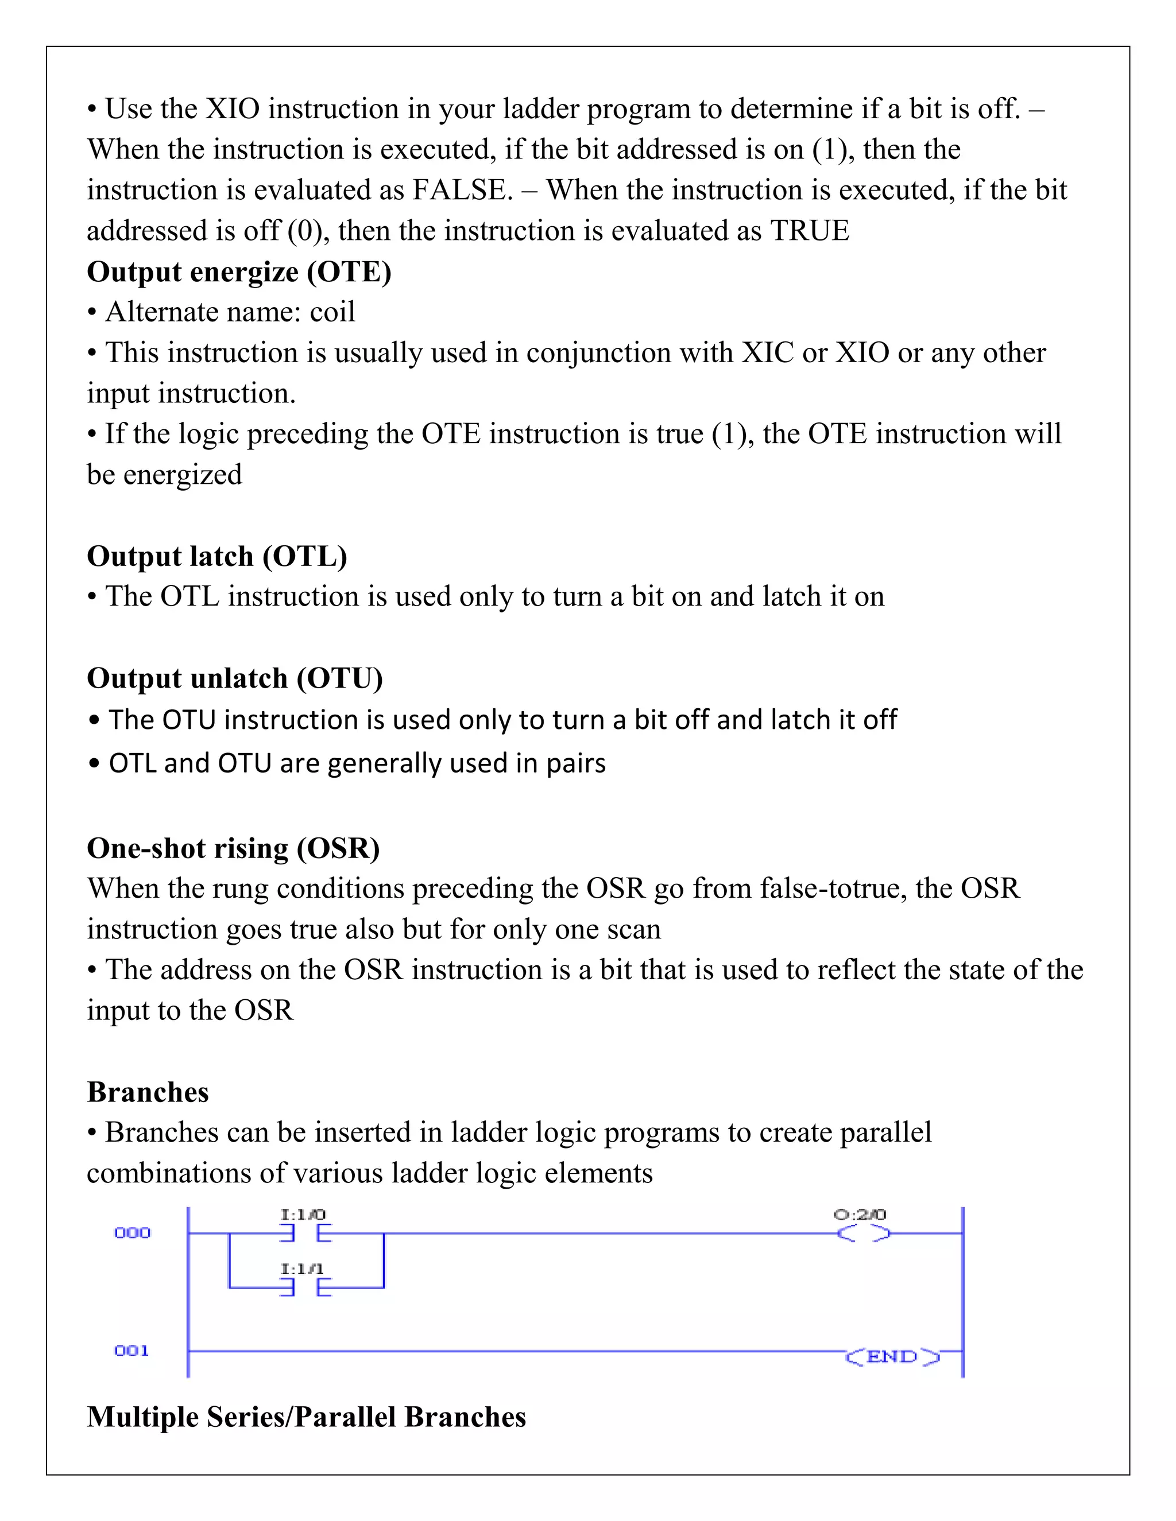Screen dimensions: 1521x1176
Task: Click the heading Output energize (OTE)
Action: (x=239, y=271)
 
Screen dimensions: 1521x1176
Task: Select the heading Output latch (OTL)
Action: (x=216, y=556)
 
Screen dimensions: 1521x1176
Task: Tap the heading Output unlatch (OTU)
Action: (x=235, y=678)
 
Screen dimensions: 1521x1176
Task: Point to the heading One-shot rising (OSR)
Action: (x=233, y=848)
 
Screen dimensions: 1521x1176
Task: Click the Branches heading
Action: (x=148, y=1092)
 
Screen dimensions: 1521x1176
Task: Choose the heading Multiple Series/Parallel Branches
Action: (x=306, y=1417)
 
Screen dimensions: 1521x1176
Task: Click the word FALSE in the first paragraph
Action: (x=461, y=190)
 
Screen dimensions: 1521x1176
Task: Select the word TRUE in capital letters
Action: (x=810, y=231)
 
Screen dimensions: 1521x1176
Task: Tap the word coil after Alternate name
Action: (x=332, y=312)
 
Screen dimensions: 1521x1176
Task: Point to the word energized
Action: (x=183, y=475)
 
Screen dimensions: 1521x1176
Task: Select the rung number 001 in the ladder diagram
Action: (x=131, y=1351)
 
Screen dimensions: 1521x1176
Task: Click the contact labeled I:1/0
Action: (x=305, y=1233)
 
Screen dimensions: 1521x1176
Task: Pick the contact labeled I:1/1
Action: (x=305, y=1288)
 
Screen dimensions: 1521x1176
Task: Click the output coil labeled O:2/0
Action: (x=862, y=1233)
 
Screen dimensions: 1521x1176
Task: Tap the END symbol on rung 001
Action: (x=892, y=1356)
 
